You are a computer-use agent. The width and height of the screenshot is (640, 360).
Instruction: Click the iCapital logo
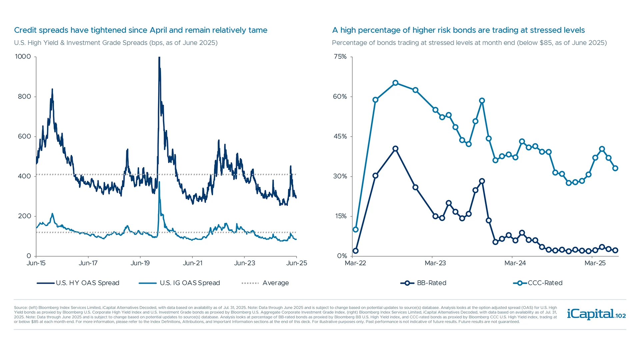596,314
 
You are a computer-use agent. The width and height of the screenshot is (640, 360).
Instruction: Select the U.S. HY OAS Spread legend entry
78,283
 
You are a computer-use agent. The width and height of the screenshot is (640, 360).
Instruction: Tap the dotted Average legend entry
265,283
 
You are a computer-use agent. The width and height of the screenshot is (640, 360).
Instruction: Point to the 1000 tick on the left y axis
23,57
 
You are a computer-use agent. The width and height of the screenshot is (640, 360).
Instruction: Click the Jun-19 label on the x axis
140,263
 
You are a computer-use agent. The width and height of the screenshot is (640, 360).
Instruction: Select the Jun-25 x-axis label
296,263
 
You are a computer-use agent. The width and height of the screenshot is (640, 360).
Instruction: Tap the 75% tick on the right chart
340,57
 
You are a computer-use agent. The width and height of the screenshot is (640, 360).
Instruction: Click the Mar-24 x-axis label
515,263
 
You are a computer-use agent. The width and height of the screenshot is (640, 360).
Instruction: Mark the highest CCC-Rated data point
395,83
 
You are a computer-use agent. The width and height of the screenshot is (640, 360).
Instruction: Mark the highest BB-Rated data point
395,149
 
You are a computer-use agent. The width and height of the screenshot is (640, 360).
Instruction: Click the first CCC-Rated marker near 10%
355,229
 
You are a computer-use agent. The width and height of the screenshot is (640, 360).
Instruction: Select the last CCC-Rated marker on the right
615,168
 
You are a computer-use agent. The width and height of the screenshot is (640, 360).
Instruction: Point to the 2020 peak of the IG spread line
159,183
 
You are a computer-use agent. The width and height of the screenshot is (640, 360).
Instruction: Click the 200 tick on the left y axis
24,216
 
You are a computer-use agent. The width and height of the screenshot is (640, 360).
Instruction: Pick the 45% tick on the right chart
340,136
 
